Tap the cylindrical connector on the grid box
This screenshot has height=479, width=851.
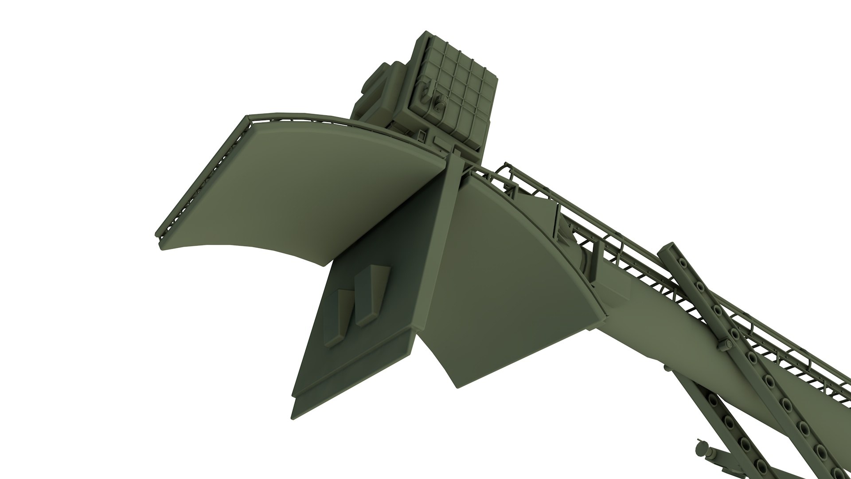point(439,105)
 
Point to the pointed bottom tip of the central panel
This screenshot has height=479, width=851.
point(293,415)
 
